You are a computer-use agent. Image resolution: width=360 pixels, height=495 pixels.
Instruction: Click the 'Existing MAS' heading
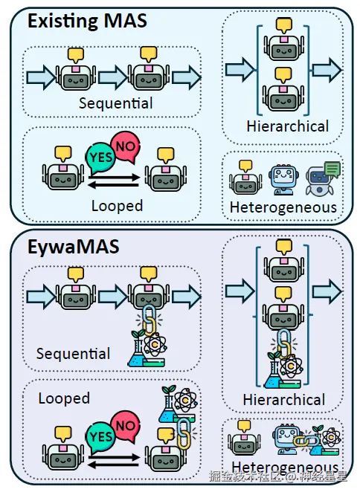87,21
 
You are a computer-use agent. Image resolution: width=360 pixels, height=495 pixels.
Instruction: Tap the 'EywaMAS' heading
73,247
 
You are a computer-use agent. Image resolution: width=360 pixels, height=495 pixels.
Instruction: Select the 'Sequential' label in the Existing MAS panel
115,103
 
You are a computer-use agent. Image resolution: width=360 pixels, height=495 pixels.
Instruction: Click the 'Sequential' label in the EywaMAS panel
73,354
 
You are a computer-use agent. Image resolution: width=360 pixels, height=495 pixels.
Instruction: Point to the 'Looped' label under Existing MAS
118,206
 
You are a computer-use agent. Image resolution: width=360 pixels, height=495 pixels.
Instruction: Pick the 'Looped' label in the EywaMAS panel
64,398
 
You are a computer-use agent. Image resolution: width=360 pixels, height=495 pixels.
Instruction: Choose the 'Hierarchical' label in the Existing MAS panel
288,126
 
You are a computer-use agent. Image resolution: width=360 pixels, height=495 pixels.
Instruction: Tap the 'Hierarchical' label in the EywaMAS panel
284,400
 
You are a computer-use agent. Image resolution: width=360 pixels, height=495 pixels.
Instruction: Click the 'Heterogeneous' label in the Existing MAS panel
283,207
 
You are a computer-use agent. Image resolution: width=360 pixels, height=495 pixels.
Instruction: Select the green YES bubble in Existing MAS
100,158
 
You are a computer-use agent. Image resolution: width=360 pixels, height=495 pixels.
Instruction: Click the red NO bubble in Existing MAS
126,147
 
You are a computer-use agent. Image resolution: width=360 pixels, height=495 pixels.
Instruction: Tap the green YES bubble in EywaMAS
100,438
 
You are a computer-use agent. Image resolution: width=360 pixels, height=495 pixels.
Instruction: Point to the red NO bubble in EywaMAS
126,427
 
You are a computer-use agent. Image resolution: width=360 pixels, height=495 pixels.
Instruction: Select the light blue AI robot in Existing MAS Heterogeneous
283,179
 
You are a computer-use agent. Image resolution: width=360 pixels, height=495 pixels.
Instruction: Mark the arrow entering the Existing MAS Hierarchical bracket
240,69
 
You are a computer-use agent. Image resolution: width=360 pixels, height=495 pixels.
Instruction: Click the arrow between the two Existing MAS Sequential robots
112,77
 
